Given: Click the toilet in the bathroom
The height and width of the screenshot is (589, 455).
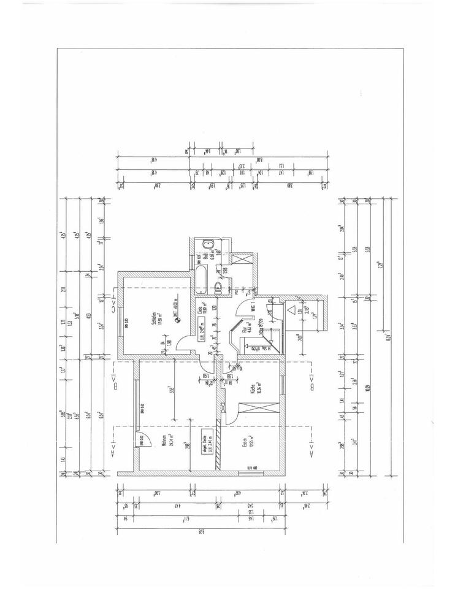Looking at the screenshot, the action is pyautogui.click(x=219, y=287).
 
